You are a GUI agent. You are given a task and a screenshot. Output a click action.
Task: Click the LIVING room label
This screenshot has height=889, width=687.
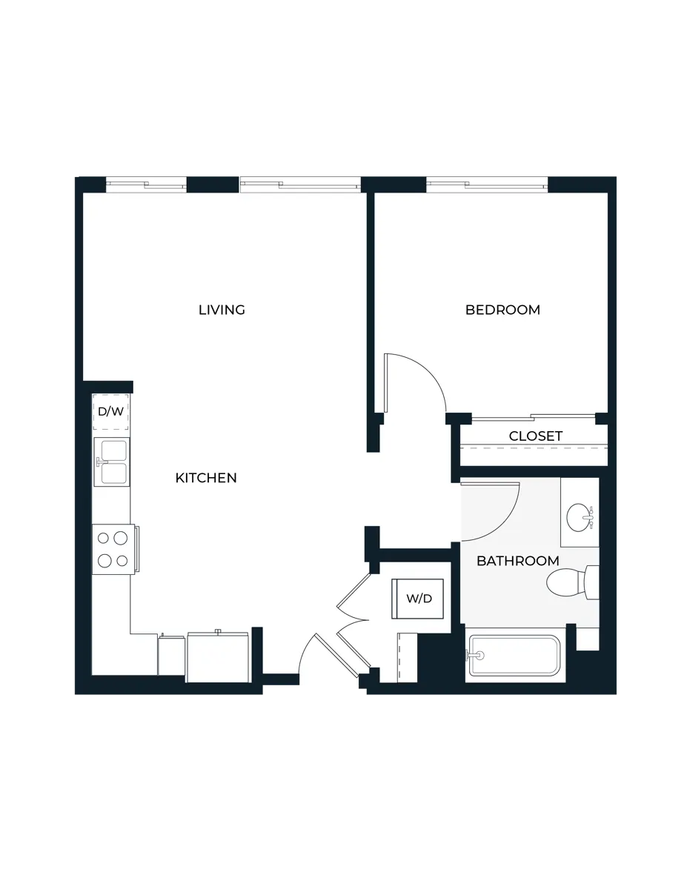(222, 310)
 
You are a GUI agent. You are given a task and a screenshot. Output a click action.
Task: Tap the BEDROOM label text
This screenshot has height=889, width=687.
(502, 310)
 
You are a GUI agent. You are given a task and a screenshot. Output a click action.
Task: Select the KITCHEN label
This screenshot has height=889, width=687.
(206, 478)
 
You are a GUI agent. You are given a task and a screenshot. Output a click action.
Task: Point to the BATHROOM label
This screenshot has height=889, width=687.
(517, 561)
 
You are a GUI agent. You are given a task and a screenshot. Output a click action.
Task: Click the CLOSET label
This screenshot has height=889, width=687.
(535, 436)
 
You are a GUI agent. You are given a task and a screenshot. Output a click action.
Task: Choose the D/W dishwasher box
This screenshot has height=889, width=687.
(110, 412)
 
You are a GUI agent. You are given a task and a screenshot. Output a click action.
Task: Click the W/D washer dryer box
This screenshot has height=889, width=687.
(418, 598)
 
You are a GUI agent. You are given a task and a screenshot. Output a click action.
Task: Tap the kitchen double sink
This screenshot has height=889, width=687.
(110, 462)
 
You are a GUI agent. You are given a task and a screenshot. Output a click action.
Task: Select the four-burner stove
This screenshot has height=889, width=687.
(113, 549)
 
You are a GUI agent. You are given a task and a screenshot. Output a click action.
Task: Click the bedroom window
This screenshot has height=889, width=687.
(487, 183)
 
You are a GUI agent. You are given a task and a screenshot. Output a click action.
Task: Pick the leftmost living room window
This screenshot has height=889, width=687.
(147, 183)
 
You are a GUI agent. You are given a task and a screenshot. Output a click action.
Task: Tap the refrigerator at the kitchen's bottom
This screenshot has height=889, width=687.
(218, 656)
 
